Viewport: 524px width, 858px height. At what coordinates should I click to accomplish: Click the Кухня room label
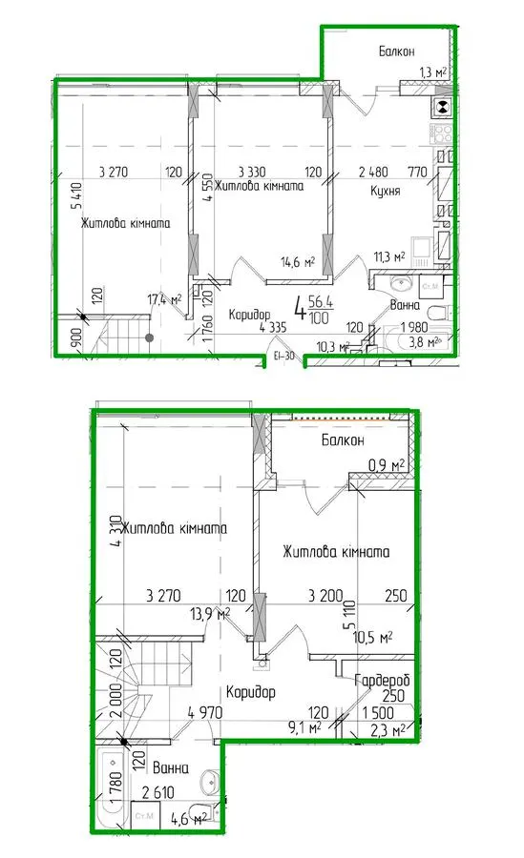click(386, 191)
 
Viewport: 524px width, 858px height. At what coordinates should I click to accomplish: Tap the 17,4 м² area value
click(164, 299)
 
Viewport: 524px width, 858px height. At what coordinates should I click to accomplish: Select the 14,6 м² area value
click(298, 262)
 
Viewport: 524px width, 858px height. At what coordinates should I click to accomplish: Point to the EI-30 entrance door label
click(283, 357)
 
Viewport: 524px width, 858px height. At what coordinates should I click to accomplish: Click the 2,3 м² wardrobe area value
click(387, 729)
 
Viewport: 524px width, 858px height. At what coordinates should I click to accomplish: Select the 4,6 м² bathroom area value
click(189, 819)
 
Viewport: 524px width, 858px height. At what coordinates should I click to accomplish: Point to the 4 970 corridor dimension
click(205, 712)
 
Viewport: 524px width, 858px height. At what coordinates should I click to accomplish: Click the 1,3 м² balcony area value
click(432, 71)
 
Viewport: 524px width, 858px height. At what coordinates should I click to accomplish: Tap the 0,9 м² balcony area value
click(387, 465)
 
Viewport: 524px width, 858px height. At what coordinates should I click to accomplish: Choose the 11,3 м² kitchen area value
click(389, 256)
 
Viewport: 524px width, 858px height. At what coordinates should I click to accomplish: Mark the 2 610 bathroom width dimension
click(157, 792)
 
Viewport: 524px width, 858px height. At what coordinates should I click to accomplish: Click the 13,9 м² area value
click(210, 614)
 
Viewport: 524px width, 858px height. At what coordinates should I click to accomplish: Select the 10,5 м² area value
click(373, 637)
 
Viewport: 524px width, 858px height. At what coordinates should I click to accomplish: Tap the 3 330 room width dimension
click(252, 172)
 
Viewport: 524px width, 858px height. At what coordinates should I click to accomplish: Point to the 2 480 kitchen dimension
click(373, 172)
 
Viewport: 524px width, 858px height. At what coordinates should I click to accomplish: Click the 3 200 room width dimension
click(325, 595)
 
